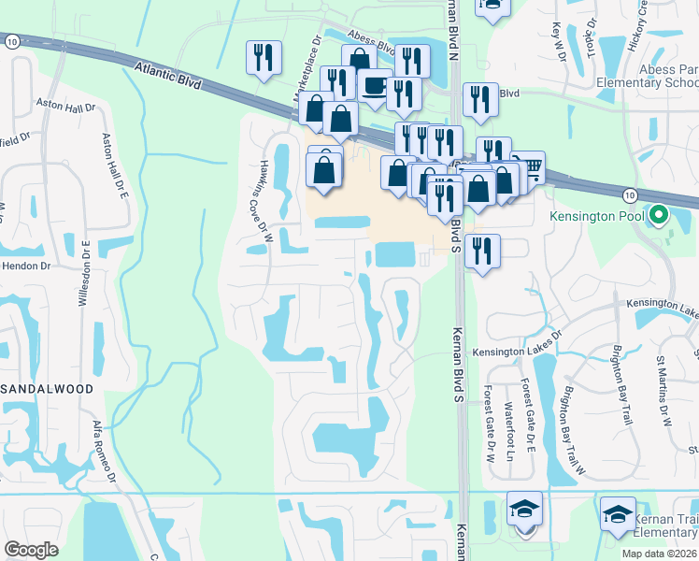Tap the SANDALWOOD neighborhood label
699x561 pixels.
tap(47, 387)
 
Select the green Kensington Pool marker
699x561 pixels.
tap(659, 216)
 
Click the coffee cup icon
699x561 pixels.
tap(375, 86)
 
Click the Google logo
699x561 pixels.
tap(31, 550)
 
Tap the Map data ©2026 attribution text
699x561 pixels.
tap(658, 554)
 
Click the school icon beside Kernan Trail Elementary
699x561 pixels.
tap(618, 515)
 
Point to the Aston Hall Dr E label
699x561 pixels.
tap(110, 168)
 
